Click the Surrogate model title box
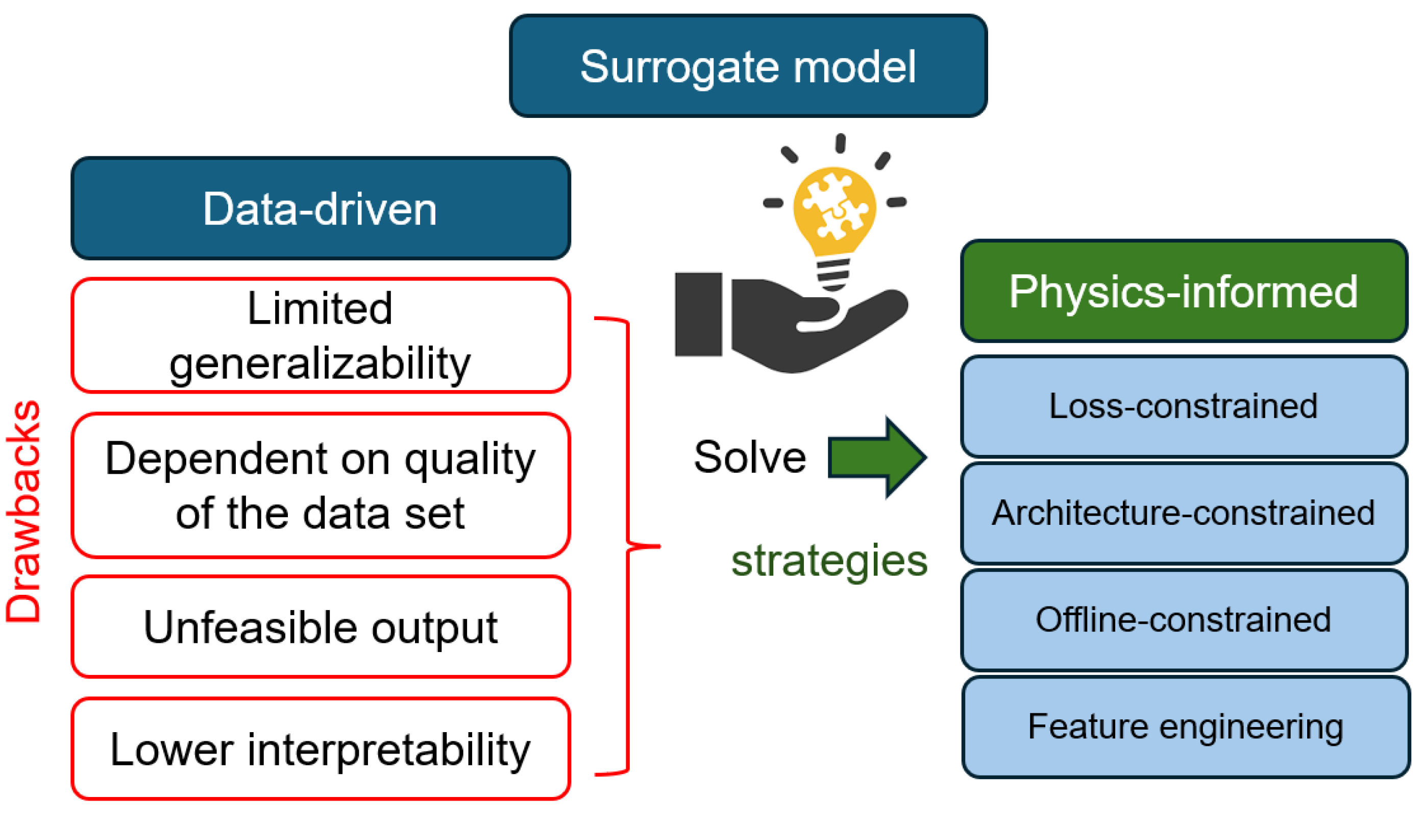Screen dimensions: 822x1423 coord(748,66)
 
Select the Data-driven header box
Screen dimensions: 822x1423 coord(321,208)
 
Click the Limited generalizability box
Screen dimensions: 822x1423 coord(321,335)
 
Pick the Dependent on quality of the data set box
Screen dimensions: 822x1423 coord(321,486)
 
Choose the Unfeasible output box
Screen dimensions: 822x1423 coord(321,626)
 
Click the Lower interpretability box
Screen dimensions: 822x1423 coord(321,749)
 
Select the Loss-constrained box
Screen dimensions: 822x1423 coord(1183,406)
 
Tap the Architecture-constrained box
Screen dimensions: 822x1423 coord(1183,513)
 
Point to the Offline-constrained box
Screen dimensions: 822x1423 coord(1183,619)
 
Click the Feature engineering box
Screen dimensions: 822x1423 coord(1185,727)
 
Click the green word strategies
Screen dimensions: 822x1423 coord(829,561)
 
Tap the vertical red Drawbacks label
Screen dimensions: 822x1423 coord(23,511)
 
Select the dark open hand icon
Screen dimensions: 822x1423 coord(818,327)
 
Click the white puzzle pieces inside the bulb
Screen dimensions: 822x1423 coord(834,206)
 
